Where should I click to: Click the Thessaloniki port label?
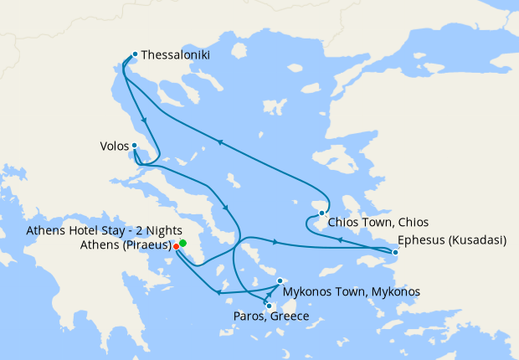coord(176,55)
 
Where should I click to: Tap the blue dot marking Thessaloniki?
coord(135,54)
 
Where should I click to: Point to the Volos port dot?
coord(134,146)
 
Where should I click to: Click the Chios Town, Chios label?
coord(378,223)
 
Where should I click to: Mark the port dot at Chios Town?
coord(322,213)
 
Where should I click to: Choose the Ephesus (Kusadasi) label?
coord(452,240)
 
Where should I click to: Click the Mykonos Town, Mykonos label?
coord(351,291)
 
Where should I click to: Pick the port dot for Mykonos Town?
coord(280,281)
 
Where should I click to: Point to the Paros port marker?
coord(269,306)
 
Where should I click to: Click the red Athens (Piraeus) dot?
coord(176,246)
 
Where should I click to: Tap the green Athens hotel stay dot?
coord(182,243)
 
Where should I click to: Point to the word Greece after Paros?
coord(290,316)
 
